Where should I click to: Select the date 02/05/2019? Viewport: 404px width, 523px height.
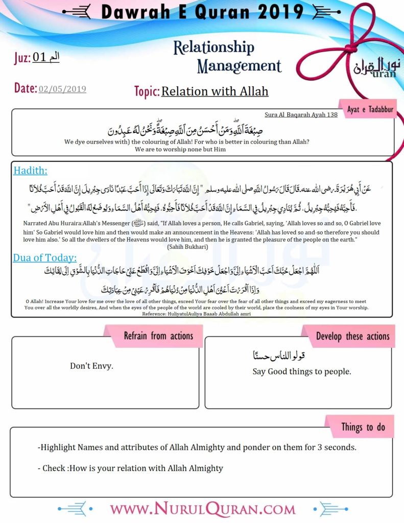point(62,89)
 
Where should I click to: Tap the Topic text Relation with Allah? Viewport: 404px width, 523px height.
point(215,92)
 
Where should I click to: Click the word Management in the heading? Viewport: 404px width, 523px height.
point(239,65)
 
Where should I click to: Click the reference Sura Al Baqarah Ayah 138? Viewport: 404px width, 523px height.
point(301,114)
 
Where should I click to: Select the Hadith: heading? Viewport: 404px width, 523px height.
point(30,171)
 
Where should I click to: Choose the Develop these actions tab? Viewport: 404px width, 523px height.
point(352,336)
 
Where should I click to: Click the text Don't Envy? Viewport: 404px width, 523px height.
point(91,366)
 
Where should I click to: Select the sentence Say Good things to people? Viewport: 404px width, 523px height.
point(302,371)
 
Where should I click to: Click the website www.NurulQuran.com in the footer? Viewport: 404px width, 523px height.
point(203,509)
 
